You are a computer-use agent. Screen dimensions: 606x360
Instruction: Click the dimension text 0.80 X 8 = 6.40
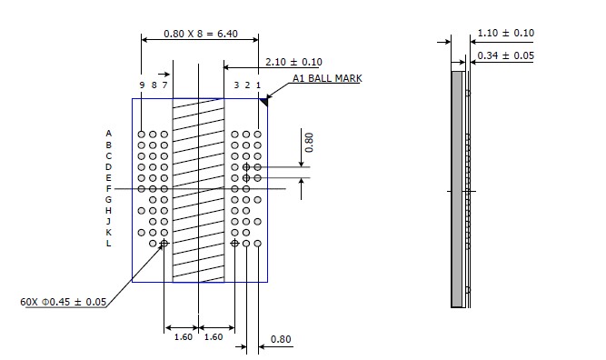coord(201,34)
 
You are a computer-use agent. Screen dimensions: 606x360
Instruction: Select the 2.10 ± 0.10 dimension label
coord(293,62)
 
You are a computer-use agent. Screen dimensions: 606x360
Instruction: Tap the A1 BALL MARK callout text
coord(327,78)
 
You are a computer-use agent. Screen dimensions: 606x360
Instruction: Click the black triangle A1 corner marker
coord(264,102)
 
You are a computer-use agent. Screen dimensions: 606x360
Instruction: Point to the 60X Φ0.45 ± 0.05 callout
coord(63,302)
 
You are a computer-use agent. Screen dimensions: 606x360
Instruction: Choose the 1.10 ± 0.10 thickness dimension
coord(506,33)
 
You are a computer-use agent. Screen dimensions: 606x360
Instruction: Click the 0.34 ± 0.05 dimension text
coord(505,55)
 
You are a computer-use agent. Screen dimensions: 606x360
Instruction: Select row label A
coord(109,134)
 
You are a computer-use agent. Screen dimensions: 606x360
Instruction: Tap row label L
coord(109,244)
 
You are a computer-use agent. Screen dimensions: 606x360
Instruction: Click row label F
coord(109,189)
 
